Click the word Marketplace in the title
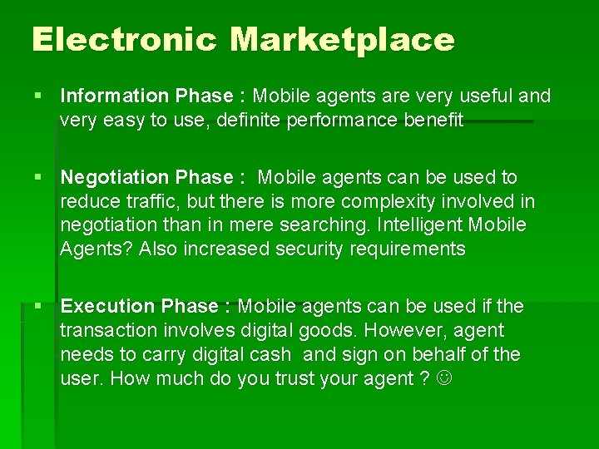(x=342, y=39)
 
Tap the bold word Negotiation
(x=115, y=178)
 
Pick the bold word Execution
(x=108, y=307)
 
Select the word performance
(x=341, y=121)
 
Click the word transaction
(x=106, y=331)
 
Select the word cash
(x=269, y=355)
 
